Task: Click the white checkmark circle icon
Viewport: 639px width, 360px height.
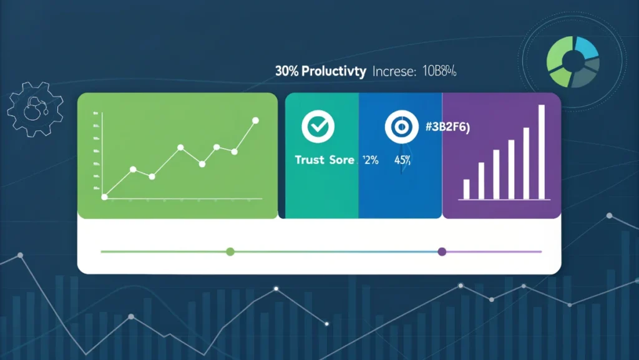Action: (318, 127)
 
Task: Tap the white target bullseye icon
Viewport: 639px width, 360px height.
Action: (396, 127)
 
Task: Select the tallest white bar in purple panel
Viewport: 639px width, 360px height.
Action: (541, 152)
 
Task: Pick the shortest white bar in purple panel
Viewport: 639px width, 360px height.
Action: (466, 189)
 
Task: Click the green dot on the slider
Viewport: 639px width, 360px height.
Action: (230, 251)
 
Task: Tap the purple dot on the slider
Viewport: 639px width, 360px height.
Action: (442, 251)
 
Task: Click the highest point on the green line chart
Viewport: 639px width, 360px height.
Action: (255, 120)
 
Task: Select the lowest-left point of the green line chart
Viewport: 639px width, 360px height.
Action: (105, 197)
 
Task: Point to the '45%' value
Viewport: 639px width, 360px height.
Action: (401, 160)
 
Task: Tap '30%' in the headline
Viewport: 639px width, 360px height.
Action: (286, 71)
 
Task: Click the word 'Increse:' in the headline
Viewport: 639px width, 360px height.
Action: (394, 71)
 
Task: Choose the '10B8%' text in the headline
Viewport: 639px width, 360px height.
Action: (439, 71)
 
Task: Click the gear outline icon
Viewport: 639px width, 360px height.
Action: (34, 109)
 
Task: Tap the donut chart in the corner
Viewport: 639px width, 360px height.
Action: (572, 62)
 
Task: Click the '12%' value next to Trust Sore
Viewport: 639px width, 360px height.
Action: (371, 160)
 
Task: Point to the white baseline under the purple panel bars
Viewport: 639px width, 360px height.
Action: (504, 200)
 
